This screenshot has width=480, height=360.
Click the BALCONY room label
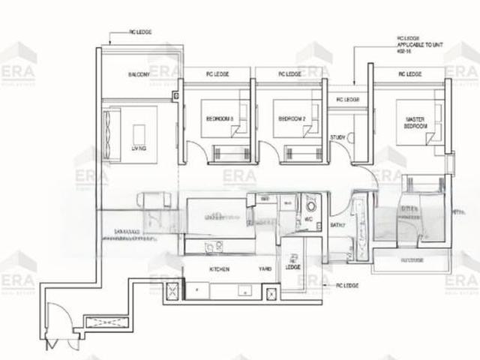tap(138, 75)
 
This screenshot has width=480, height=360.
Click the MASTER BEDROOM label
tap(415, 123)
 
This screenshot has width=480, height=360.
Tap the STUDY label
tap(337, 137)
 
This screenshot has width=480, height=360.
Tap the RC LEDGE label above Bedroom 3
tap(217, 74)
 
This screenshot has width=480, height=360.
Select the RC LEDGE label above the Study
tap(347, 99)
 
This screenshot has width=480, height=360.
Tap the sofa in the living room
tap(110, 133)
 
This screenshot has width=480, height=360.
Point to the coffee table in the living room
tap(139, 135)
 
